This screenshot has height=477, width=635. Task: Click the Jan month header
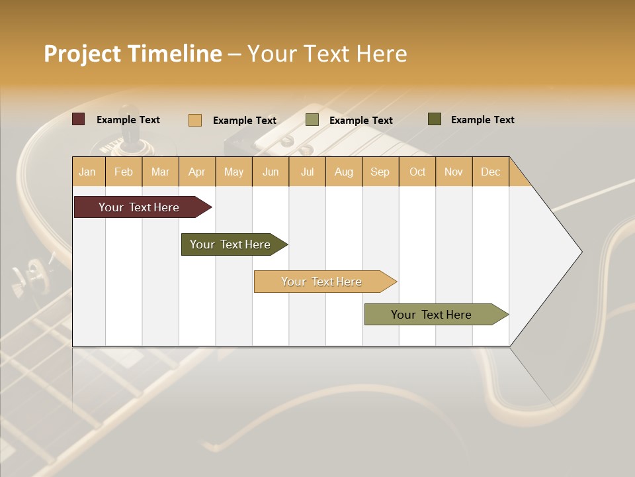pyautogui.click(x=88, y=172)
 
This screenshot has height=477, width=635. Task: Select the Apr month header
pyautogui.click(x=197, y=172)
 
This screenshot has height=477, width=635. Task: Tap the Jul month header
pyautogui.click(x=307, y=172)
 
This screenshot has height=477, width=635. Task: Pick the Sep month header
pyautogui.click(x=380, y=172)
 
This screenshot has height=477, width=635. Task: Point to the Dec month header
pyautogui.click(x=490, y=172)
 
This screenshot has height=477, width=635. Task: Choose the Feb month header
pyautogui.click(x=124, y=172)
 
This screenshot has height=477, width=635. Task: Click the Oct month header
pyautogui.click(x=417, y=172)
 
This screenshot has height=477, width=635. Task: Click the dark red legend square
pyautogui.click(x=79, y=119)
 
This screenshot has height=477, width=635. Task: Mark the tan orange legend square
pyautogui.click(x=195, y=120)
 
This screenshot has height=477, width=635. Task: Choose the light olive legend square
pyautogui.click(x=312, y=120)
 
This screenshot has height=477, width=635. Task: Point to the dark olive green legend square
pyautogui.click(x=435, y=119)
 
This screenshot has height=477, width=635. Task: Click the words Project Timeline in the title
pyautogui.click(x=132, y=54)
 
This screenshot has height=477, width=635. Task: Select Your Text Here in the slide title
pyautogui.click(x=327, y=54)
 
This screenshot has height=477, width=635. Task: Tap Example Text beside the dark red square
pyautogui.click(x=128, y=120)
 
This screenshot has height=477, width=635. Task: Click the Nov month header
pyautogui.click(x=454, y=172)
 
